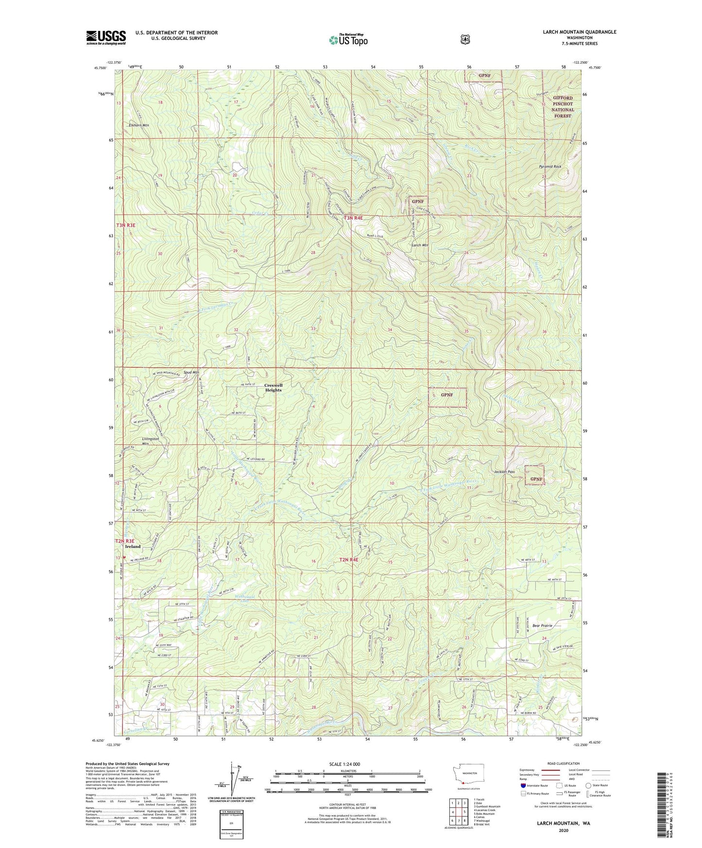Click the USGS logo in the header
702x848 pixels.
[x=106, y=37]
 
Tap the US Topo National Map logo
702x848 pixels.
[x=348, y=39]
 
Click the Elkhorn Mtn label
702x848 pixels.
[x=139, y=125]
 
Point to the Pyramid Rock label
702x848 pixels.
[x=550, y=167]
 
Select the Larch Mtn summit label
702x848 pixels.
[x=420, y=245]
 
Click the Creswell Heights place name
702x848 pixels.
[x=273, y=388]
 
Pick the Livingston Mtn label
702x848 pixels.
[x=150, y=441]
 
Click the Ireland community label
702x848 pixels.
[x=133, y=546]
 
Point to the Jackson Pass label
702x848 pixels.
[x=504, y=472]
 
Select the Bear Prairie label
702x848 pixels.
[x=543, y=626]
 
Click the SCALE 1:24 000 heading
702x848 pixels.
[x=344, y=764]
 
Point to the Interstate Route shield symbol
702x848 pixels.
[x=523, y=785]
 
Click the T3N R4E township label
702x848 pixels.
[x=353, y=218]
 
